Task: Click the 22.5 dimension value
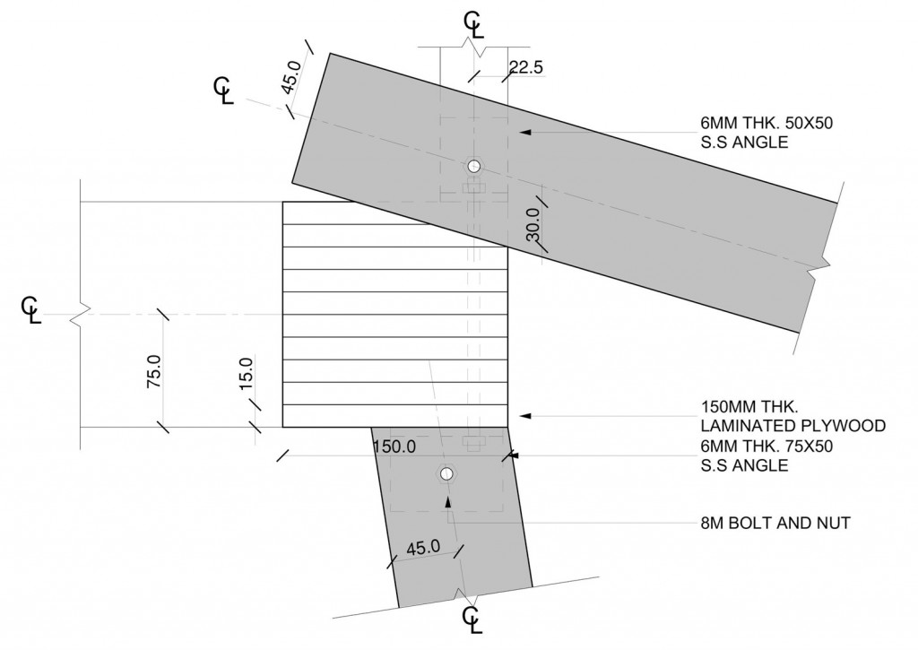pyautogui.click(x=526, y=66)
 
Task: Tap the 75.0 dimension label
pyautogui.click(x=152, y=372)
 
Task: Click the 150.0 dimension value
pyautogui.click(x=395, y=447)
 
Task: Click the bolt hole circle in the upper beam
pyautogui.click(x=472, y=166)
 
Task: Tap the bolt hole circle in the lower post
pyautogui.click(x=446, y=473)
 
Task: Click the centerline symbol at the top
pyautogui.click(x=472, y=24)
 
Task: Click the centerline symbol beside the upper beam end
pyautogui.click(x=223, y=91)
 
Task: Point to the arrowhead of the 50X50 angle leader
pyautogui.click(x=525, y=132)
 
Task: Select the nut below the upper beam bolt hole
pyautogui.click(x=472, y=187)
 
